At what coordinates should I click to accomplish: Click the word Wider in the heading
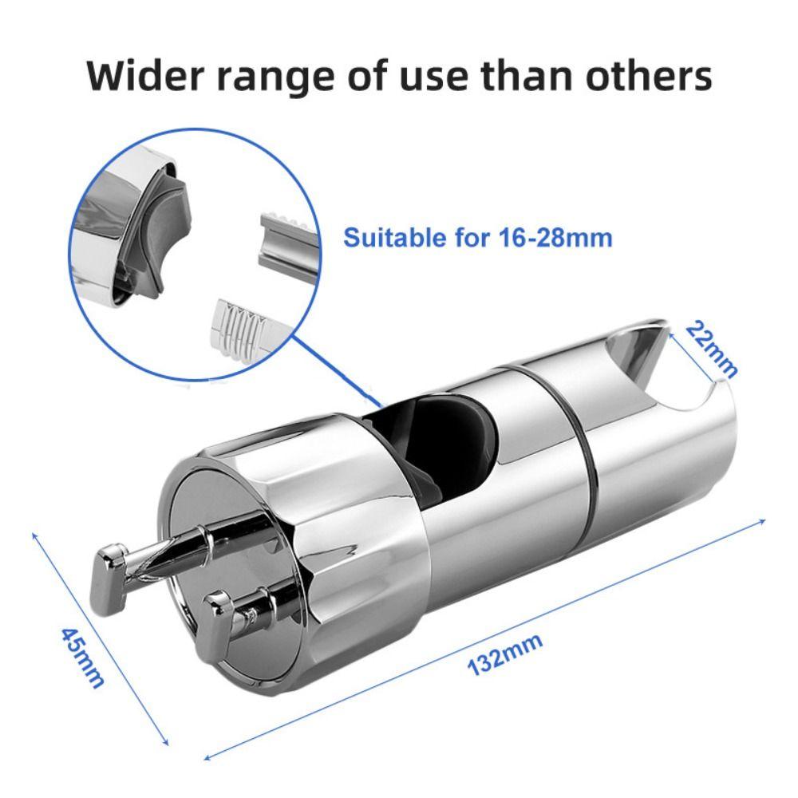point(147,75)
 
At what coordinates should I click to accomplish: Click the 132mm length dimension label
point(505,654)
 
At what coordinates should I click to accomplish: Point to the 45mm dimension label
point(83,658)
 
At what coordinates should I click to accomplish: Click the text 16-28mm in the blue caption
point(555,238)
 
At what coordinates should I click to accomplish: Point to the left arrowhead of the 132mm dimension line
point(207,758)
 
